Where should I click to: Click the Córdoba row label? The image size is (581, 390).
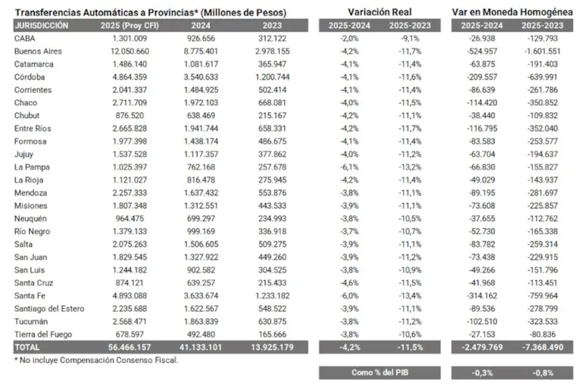(30, 77)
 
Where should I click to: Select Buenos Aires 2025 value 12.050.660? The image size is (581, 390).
(130, 51)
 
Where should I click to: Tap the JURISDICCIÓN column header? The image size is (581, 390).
(42, 26)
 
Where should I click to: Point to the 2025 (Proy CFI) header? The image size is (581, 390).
(130, 26)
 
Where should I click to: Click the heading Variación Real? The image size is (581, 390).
(380, 12)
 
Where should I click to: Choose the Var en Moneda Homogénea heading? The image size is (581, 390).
(512, 12)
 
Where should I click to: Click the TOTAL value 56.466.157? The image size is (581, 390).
(130, 348)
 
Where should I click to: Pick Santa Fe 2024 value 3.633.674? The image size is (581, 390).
(201, 296)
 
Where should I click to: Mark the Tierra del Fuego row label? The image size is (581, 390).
(43, 335)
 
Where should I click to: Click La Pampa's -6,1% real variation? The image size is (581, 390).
(349, 167)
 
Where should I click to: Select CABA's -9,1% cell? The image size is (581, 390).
(410, 39)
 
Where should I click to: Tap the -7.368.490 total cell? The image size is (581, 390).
(543, 348)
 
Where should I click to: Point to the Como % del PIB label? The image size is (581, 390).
(380, 373)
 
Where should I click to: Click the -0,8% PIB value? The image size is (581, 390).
(543, 373)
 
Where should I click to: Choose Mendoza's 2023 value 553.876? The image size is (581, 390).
(273, 193)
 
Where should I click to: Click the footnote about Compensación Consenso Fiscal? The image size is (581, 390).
(96, 360)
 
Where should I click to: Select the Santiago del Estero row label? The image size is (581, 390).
(49, 309)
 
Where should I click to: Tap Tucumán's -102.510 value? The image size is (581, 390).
(482, 322)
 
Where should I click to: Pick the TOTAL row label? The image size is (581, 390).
(27, 348)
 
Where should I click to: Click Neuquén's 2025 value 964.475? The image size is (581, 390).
(130, 219)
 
